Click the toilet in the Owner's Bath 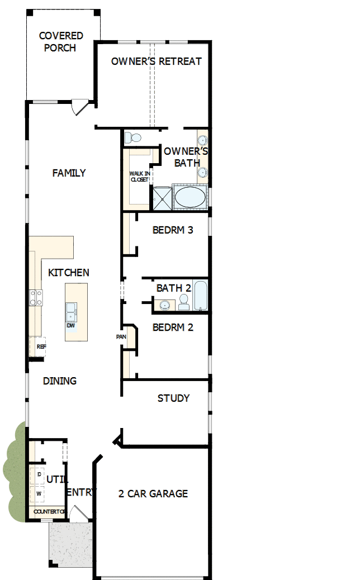[133, 137]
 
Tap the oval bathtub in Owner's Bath [190, 197]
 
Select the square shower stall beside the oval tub [162, 197]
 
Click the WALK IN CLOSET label [139, 177]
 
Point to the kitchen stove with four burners [36, 297]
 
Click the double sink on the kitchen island [72, 309]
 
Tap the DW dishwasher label [71, 325]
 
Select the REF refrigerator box [40, 347]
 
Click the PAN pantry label [120, 337]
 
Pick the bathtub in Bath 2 [201, 296]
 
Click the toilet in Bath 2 [183, 302]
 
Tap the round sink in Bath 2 [164, 305]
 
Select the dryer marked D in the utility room [39, 474]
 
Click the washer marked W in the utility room [39, 494]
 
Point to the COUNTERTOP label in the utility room [49, 512]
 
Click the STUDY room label [173, 398]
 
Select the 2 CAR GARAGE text [153, 493]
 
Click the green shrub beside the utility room [15, 475]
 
